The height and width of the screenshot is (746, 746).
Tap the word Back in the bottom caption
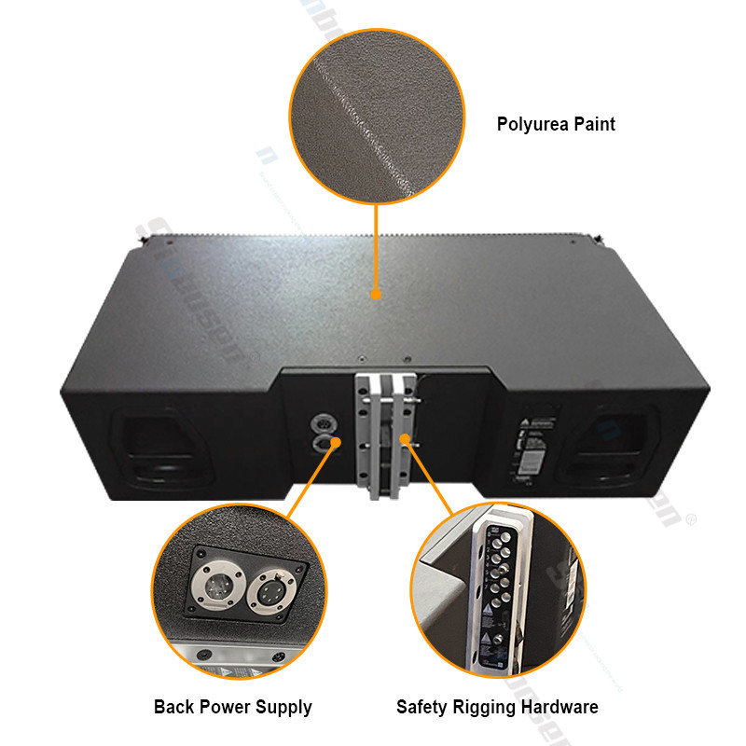(174, 708)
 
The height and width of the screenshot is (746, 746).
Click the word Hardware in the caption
(561, 708)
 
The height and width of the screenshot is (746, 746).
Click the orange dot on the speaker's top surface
(376, 295)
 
